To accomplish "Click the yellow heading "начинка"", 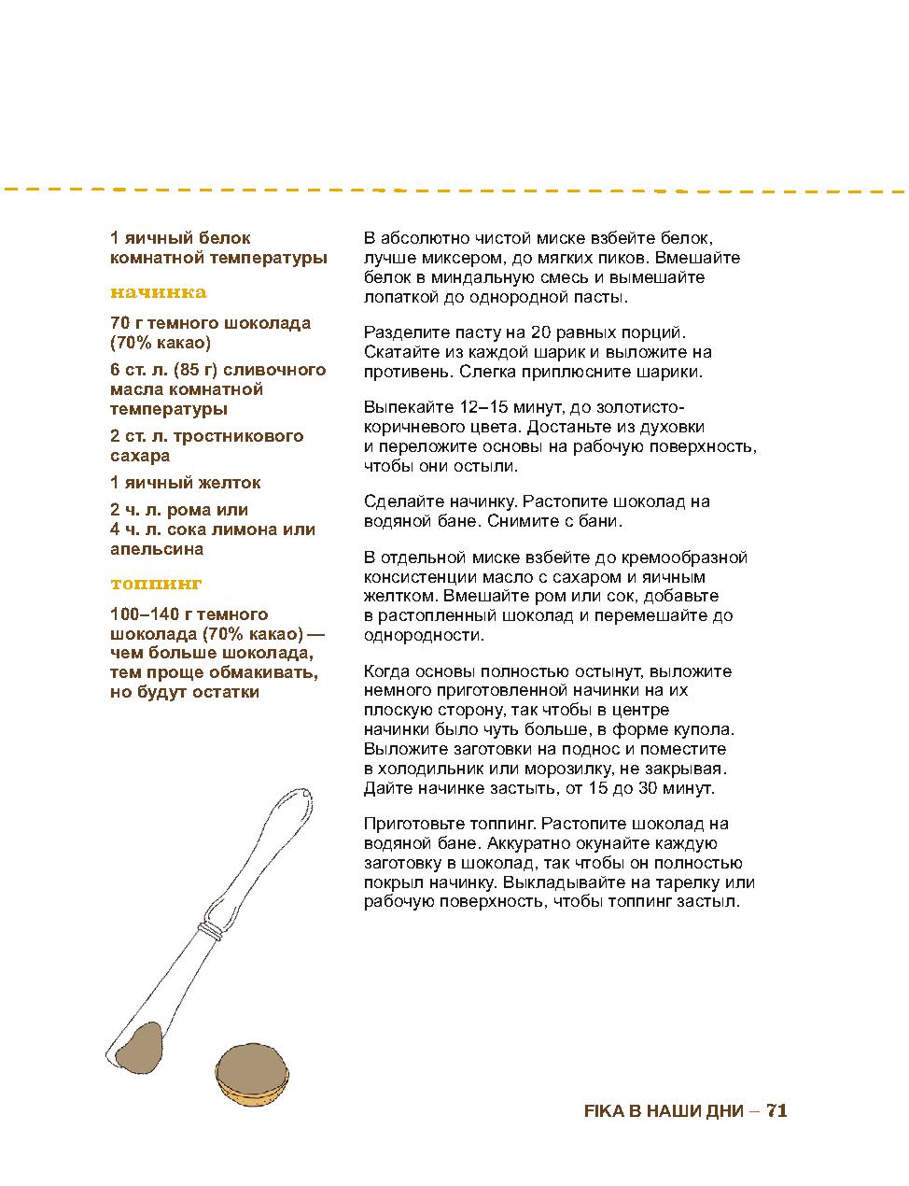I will coord(158,292).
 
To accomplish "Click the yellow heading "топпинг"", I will coord(156,584).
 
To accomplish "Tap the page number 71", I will coord(776,1110).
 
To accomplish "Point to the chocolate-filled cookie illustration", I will coord(251,1074).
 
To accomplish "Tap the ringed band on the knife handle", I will coord(214,928).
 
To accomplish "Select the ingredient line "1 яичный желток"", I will coord(185,483).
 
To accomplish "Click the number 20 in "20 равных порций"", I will coord(540,332).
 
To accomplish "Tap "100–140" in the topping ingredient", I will coord(141,614).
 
